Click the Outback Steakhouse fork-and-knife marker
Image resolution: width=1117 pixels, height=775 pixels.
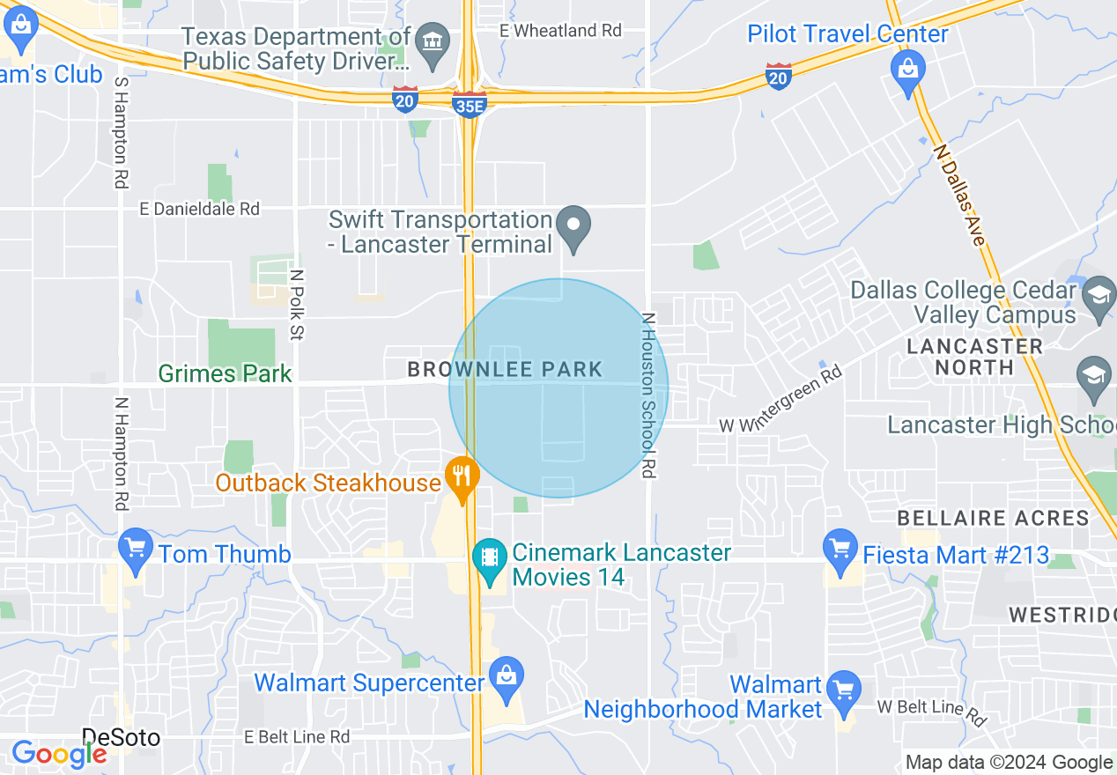(x=461, y=476)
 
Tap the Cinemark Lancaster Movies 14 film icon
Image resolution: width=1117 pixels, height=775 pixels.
(x=488, y=557)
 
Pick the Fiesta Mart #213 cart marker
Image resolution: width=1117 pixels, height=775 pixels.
(x=840, y=549)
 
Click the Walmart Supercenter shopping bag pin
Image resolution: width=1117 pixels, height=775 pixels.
(x=507, y=677)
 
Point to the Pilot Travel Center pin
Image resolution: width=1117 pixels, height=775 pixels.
(x=906, y=67)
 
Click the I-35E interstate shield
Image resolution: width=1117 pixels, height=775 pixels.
(x=470, y=105)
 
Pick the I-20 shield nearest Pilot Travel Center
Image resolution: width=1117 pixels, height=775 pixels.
(x=778, y=76)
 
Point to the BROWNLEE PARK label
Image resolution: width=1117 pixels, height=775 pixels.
(x=505, y=369)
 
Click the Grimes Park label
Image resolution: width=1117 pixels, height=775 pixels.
(x=225, y=373)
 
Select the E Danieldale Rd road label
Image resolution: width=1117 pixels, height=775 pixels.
(x=201, y=209)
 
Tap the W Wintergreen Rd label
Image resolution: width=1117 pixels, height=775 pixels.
(x=780, y=400)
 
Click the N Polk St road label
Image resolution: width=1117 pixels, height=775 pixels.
(x=297, y=305)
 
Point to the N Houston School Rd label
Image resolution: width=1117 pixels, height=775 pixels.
(x=649, y=395)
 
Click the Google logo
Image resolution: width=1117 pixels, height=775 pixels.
(x=58, y=754)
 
